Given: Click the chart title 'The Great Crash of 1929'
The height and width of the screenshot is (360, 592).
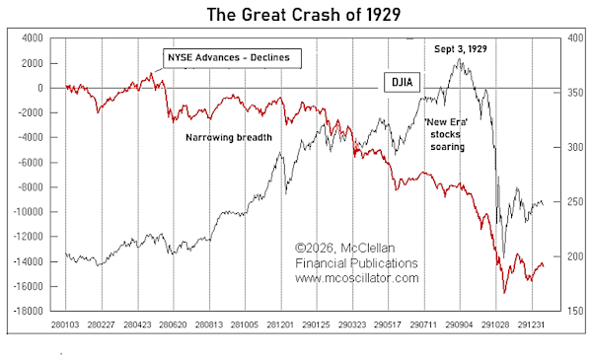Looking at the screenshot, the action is pyautogui.click(x=304, y=15).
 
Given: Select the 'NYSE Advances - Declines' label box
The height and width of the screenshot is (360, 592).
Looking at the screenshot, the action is pyautogui.click(x=232, y=58).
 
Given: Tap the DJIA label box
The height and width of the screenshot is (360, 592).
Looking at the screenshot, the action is pyautogui.click(x=402, y=82).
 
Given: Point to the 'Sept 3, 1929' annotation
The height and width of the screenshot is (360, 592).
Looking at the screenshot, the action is pyautogui.click(x=460, y=49).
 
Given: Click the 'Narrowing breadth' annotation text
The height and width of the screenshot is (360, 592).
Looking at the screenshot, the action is pyautogui.click(x=229, y=137).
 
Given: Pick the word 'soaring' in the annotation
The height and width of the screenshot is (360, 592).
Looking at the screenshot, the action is pyautogui.click(x=447, y=147).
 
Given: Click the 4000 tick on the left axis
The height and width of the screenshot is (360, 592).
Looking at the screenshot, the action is pyautogui.click(x=33, y=38).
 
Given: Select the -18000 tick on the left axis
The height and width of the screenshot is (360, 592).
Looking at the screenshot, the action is pyautogui.click(x=29, y=312).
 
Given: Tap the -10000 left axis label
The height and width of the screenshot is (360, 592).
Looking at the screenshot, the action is pyautogui.click(x=29, y=212).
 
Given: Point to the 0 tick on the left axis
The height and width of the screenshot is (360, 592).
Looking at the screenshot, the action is pyautogui.click(x=40, y=88).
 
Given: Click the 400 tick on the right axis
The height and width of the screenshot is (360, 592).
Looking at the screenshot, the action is pyautogui.click(x=575, y=38).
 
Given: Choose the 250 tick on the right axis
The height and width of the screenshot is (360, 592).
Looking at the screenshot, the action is pyautogui.click(x=575, y=202).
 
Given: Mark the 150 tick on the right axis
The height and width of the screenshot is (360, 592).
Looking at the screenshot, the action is pyautogui.click(x=575, y=312).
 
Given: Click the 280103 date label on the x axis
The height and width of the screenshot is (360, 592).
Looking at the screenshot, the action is pyautogui.click(x=65, y=324).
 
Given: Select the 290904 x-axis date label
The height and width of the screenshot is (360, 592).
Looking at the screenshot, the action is pyautogui.click(x=459, y=324).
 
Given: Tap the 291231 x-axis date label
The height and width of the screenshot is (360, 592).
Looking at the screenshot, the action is pyautogui.click(x=531, y=324).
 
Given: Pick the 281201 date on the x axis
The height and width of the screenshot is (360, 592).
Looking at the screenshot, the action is pyautogui.click(x=280, y=324).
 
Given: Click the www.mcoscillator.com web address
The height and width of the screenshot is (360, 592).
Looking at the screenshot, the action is pyautogui.click(x=357, y=278).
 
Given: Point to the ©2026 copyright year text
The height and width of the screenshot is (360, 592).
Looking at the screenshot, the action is pyautogui.click(x=315, y=248).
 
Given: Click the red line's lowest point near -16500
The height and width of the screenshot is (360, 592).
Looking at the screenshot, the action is pyautogui.click(x=504, y=293).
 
